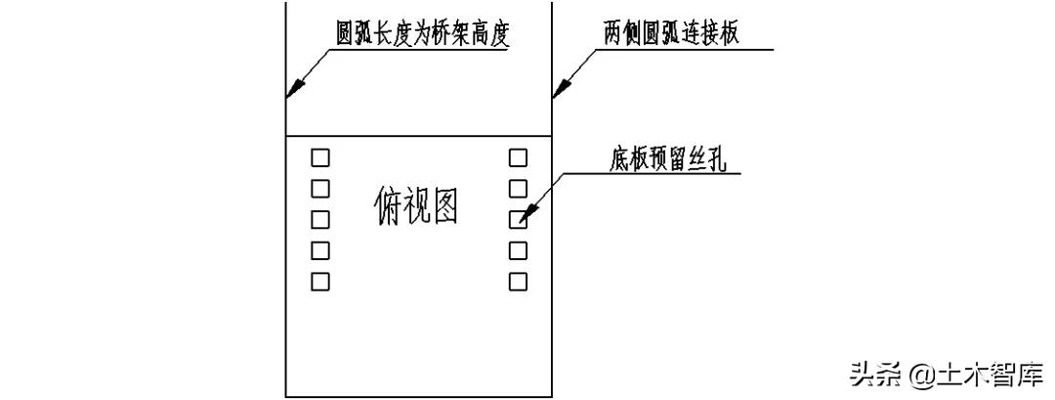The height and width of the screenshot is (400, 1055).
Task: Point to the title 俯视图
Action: tap(417, 205)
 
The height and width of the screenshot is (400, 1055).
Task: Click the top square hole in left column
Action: tap(320, 156)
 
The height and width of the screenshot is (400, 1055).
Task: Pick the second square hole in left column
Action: tap(320, 188)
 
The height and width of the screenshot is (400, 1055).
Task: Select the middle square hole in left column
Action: tap(320, 219)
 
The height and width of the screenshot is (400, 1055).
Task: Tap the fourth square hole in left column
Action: tap(320, 250)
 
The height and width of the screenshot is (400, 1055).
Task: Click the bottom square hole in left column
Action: tap(320, 282)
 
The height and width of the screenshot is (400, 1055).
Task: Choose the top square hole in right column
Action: tap(519, 156)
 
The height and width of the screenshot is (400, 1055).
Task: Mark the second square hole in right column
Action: tap(519, 188)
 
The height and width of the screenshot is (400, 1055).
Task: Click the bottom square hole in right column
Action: tap(519, 282)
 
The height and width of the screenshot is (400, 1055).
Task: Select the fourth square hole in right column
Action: tap(519, 250)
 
